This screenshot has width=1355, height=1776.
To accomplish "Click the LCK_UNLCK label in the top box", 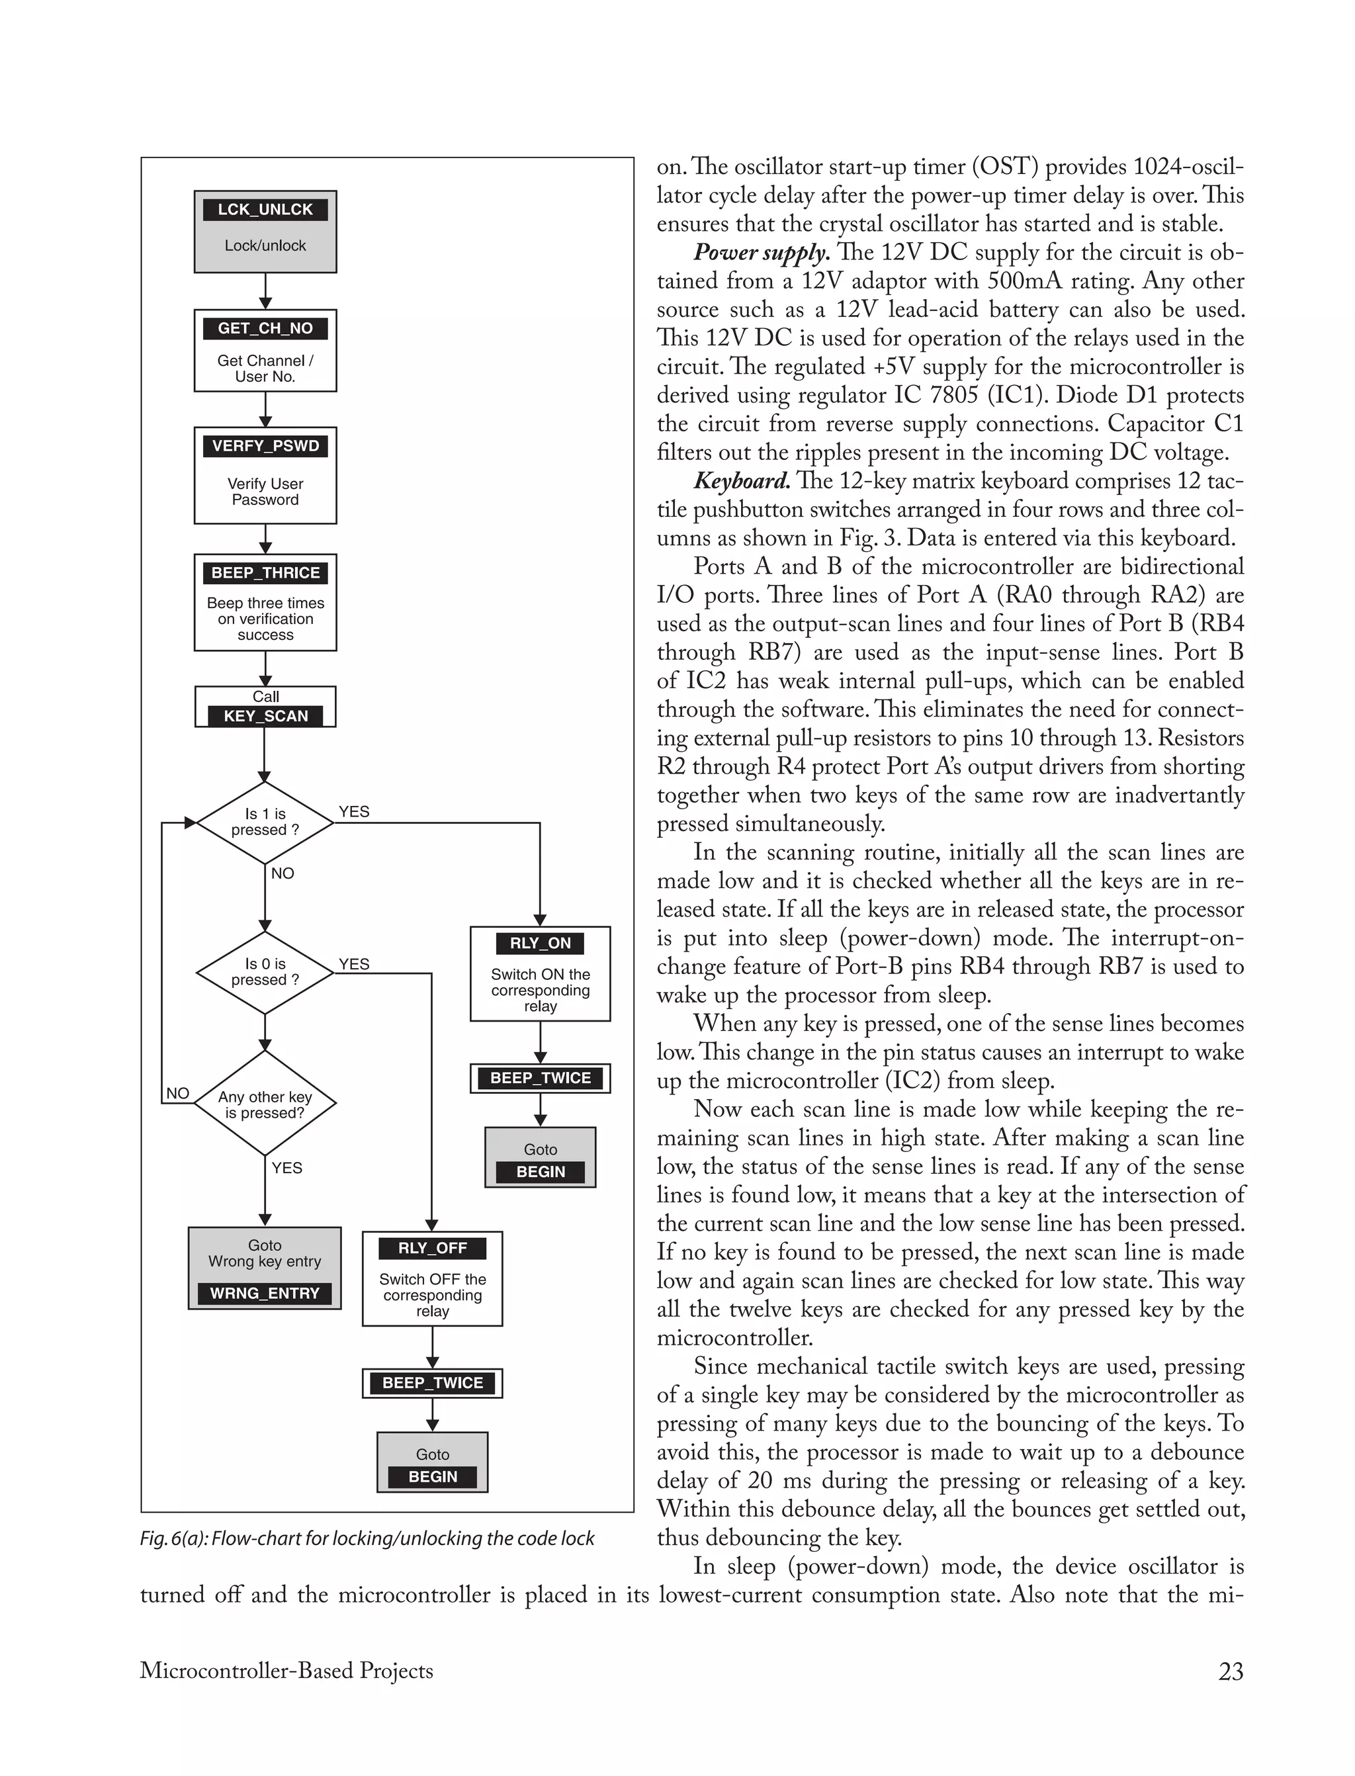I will click(265, 210).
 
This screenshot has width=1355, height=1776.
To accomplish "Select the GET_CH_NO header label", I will click(265, 328).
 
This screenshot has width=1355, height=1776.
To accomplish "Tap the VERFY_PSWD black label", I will click(265, 446).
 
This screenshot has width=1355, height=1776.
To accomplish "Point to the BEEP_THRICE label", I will click(265, 572).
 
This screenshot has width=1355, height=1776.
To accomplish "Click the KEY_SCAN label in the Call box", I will click(265, 716).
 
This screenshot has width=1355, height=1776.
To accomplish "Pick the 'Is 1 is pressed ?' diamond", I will click(265, 822).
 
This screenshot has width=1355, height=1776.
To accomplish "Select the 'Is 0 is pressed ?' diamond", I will click(265, 972).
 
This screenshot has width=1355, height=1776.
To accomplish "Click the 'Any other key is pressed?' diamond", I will click(265, 1104).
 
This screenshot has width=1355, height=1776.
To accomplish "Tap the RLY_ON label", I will click(540, 943).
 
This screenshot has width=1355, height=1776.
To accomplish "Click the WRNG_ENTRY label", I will click(265, 1293).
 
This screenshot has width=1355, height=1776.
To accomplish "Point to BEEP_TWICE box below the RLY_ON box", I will click(540, 1079).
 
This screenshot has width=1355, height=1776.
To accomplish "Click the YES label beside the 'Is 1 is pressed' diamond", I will click(354, 811).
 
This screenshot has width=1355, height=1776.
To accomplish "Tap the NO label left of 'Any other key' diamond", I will click(177, 1094).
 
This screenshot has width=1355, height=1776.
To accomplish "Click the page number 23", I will click(1230, 1671).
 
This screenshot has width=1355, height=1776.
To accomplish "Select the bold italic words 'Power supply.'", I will click(762, 253).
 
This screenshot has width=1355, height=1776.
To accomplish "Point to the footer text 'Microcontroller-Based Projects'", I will click(286, 1670).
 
